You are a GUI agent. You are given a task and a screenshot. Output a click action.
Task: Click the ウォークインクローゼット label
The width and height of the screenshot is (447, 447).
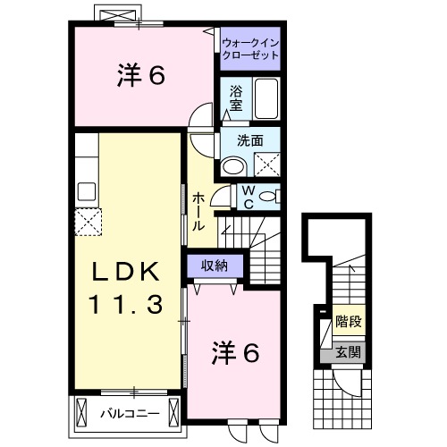click(250, 48)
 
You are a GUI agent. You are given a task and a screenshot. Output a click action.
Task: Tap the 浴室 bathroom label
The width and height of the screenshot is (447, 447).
click(236, 97)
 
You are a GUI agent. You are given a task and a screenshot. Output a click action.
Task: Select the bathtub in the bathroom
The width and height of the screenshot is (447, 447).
click(266, 98)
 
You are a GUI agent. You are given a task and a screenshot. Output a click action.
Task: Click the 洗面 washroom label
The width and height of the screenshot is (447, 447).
click(249, 139)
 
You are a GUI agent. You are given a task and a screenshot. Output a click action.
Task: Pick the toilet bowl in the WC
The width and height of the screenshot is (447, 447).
click(272, 197)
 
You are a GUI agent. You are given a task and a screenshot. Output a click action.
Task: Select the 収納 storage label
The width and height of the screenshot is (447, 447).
click(214, 265)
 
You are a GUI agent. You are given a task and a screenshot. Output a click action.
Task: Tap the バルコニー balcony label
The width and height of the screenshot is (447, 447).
click(130, 413)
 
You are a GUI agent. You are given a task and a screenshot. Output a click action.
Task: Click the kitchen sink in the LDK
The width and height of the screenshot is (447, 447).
click(87, 190)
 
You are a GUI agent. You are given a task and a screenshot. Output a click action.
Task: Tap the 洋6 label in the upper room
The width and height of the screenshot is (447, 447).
click(140, 77)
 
